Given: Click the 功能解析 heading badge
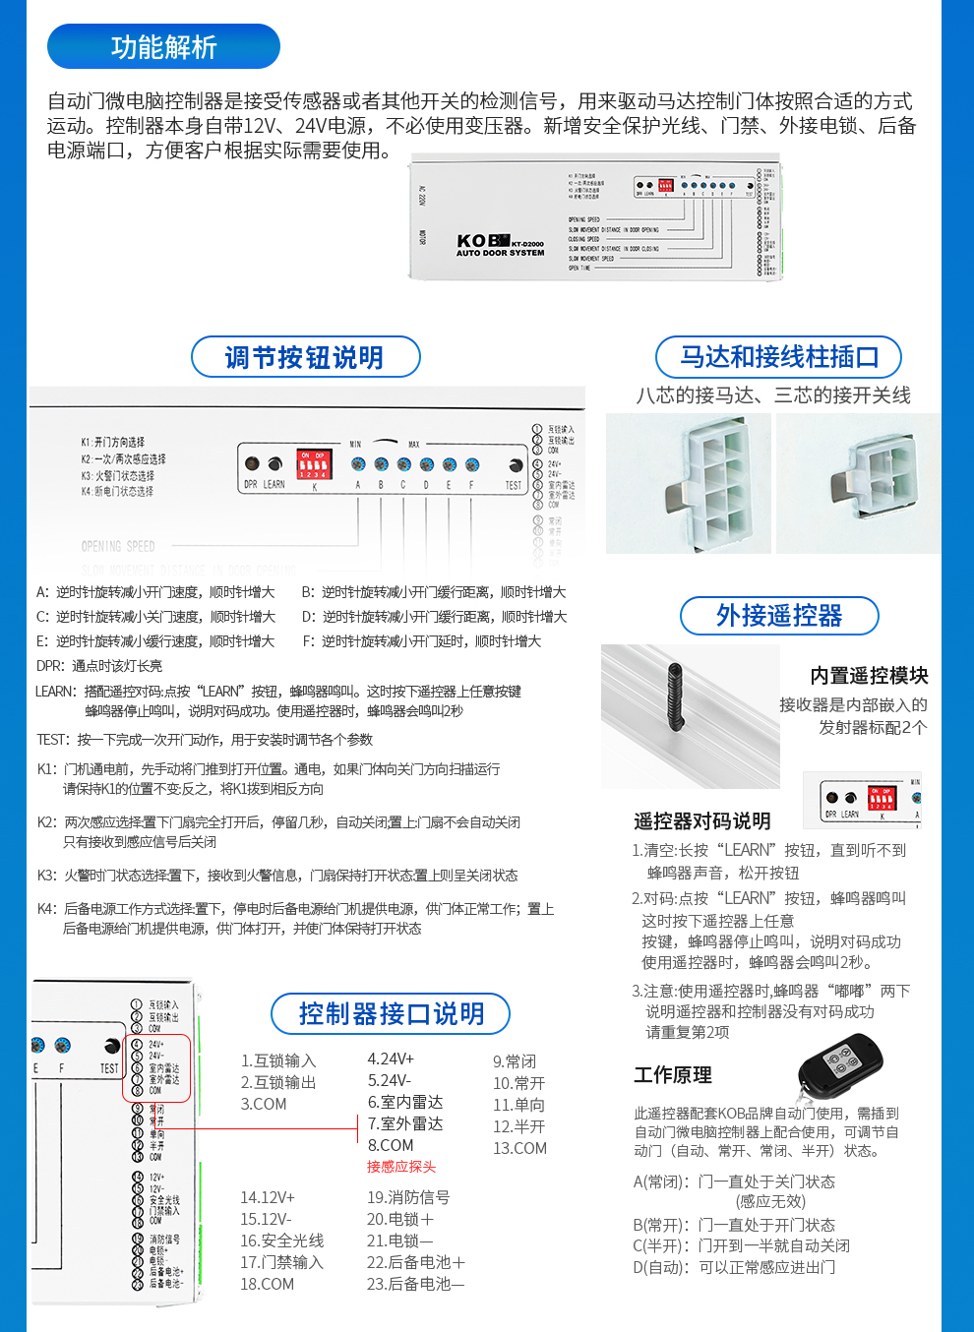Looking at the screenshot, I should pyautogui.click(x=163, y=46).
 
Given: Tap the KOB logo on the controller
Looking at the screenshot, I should pyautogui.click(x=483, y=241).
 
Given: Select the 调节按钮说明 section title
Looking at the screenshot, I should pyautogui.click(x=305, y=357).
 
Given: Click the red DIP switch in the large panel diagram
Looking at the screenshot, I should pyautogui.click(x=314, y=464).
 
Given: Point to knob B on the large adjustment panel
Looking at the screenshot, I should pyautogui.click(x=381, y=464).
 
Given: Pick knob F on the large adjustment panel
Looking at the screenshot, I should pyautogui.click(x=472, y=464).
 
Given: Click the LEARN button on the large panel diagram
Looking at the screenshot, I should pyautogui.click(x=275, y=463).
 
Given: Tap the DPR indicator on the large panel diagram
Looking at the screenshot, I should pyautogui.click(x=252, y=463).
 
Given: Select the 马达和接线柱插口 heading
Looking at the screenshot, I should pyautogui.click(x=778, y=357).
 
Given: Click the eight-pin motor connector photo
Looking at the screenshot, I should pyautogui.click(x=689, y=483).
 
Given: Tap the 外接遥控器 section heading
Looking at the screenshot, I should pyautogui.click(x=778, y=616).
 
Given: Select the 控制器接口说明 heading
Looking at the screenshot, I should pyautogui.click(x=391, y=1014).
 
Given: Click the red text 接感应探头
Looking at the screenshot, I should pyautogui.click(x=400, y=1167).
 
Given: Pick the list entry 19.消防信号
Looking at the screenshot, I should pyautogui.click(x=407, y=1197).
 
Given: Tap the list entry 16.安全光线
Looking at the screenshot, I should pyautogui.click(x=281, y=1241).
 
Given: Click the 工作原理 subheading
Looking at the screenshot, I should pyautogui.click(x=673, y=1075).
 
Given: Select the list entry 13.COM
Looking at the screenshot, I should pyautogui.click(x=519, y=1148).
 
